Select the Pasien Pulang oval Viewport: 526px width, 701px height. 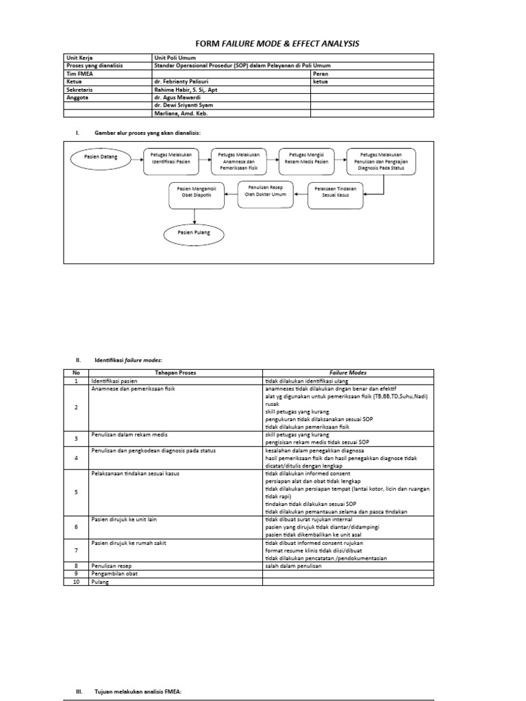pos(194,233)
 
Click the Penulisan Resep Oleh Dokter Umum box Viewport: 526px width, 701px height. pos(263,191)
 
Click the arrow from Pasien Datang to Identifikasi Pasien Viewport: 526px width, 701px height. pos(129,158)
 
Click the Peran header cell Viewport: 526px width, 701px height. pos(321,74)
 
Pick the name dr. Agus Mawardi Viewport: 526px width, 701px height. pos(176,97)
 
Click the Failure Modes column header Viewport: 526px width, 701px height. pos(349,373)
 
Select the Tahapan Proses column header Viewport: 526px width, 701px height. pos(176,373)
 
